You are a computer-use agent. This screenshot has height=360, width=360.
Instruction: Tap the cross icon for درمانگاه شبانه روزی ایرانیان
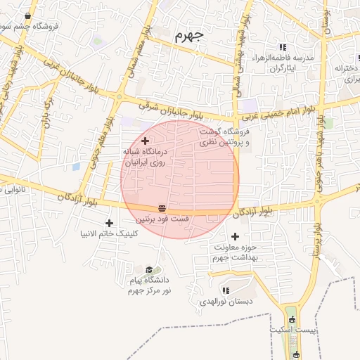tap(145, 141)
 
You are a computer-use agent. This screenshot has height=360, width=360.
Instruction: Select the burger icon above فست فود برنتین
tap(162, 208)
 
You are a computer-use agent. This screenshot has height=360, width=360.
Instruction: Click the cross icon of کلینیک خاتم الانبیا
tap(109, 223)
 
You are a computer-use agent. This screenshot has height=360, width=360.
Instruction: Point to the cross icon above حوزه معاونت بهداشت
tap(235, 237)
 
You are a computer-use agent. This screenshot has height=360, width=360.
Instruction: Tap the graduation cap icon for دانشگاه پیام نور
tap(149, 269)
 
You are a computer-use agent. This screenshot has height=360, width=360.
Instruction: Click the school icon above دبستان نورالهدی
tap(225, 290)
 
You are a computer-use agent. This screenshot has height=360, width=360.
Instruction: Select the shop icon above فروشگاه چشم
tap(27, 16)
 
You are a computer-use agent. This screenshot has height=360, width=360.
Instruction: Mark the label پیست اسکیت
tap(294, 329)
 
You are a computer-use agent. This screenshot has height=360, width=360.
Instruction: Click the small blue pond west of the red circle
tap(75, 167)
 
